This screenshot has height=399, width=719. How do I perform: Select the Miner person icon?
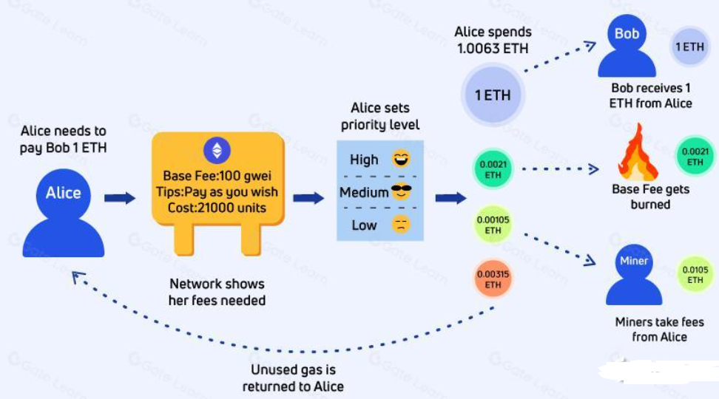(x=633, y=275)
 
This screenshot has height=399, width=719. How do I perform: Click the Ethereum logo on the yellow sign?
(x=217, y=151)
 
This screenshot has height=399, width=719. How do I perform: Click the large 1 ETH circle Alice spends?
(x=492, y=95)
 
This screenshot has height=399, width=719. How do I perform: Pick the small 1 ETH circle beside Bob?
(x=689, y=47)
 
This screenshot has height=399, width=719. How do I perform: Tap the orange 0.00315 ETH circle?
(x=493, y=279)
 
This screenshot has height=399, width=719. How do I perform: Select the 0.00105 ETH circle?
(x=493, y=225)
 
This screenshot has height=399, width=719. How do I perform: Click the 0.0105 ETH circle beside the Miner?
(x=695, y=275)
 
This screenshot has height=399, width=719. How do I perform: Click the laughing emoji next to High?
(x=401, y=158)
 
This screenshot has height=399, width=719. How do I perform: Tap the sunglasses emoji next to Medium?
(x=401, y=192)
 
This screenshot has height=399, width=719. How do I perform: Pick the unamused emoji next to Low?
(x=401, y=225)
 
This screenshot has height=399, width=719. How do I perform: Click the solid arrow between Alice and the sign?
(x=120, y=198)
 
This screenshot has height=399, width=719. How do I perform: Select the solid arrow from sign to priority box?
(x=308, y=198)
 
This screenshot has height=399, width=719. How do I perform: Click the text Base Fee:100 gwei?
(x=217, y=177)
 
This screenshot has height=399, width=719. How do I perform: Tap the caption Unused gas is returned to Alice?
(x=293, y=378)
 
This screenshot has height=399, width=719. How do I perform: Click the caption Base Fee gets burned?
(x=650, y=197)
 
